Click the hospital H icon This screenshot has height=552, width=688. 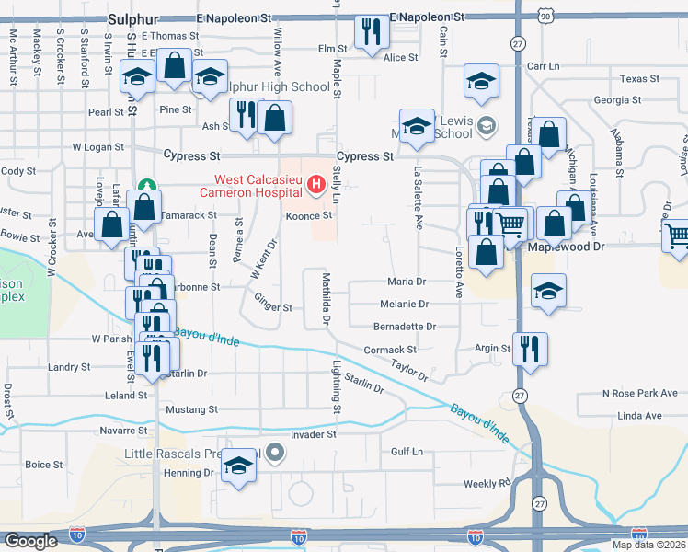click(x=316, y=186)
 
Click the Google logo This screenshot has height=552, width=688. click(x=30, y=540)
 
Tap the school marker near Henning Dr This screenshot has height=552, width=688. click(x=238, y=466)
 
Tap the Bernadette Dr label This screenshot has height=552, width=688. click(x=404, y=326)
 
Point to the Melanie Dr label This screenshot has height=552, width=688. click(x=404, y=304)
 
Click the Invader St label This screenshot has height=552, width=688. click(x=314, y=432)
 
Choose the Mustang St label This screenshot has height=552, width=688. click(x=191, y=408)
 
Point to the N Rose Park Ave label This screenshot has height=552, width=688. click(x=640, y=393)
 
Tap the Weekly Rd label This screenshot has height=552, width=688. click(x=487, y=483)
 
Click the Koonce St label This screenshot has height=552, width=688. click(x=307, y=215)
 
